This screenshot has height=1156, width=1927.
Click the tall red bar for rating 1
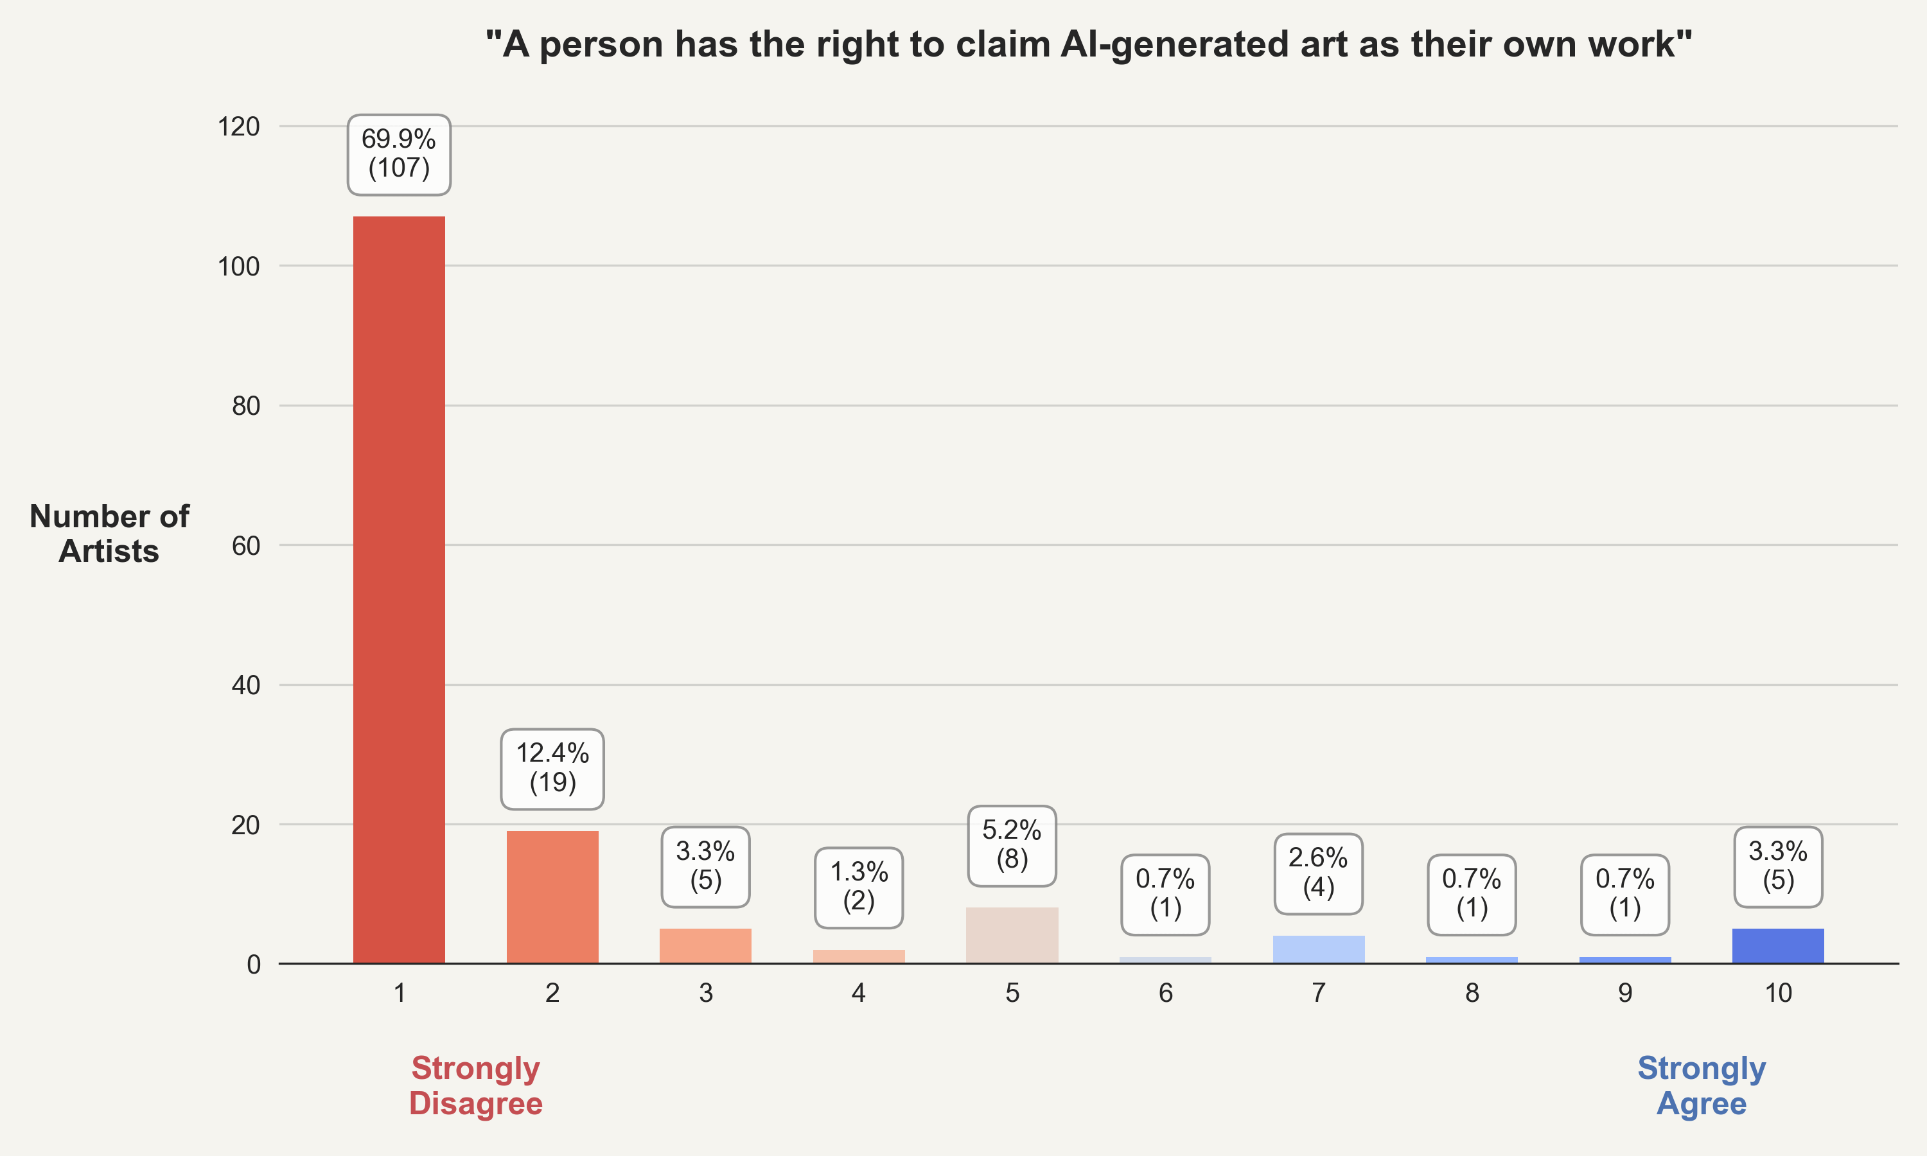point(399,590)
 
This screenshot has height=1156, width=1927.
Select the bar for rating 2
point(552,897)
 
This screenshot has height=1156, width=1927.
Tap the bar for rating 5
point(1012,935)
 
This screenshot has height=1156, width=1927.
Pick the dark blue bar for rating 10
point(1777,946)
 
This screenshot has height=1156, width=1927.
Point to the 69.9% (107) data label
point(399,153)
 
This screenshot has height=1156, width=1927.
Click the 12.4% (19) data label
point(552,768)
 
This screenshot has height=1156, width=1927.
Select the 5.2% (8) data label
point(1012,845)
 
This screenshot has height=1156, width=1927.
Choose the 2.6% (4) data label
point(1318,872)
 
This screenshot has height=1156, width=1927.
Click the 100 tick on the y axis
point(238,267)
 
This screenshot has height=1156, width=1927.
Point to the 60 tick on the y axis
point(245,545)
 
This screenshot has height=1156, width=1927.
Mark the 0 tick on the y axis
point(253,965)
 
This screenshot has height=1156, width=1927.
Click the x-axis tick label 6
point(1165,992)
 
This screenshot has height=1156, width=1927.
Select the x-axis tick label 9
point(1625,992)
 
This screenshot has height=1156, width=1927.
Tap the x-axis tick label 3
point(706,992)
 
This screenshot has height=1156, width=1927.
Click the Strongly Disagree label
point(476,1085)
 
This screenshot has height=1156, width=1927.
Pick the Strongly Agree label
point(1701,1085)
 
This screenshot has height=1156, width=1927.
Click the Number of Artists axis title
point(109,534)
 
